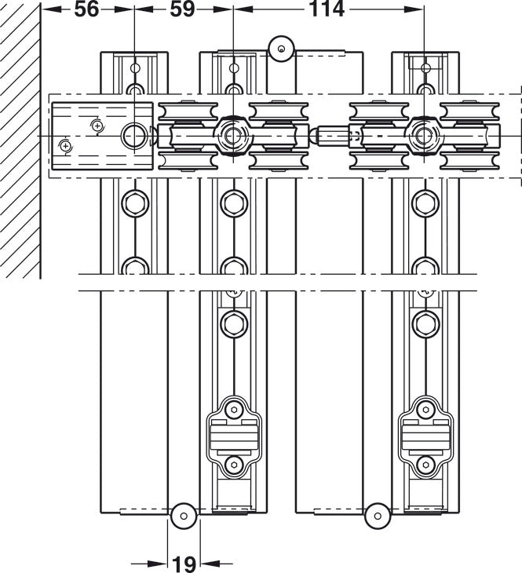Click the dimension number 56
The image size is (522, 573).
point(86,9)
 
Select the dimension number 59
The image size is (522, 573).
point(182,9)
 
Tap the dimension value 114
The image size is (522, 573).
point(327,9)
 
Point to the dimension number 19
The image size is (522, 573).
point(184,564)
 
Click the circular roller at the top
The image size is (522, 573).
point(281,49)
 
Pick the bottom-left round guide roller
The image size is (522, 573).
point(184,516)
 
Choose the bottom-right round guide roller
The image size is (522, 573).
point(378,516)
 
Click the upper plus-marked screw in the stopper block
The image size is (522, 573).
point(97,126)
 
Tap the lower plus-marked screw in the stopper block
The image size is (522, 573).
point(65,147)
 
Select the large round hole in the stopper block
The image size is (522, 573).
point(133,136)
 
